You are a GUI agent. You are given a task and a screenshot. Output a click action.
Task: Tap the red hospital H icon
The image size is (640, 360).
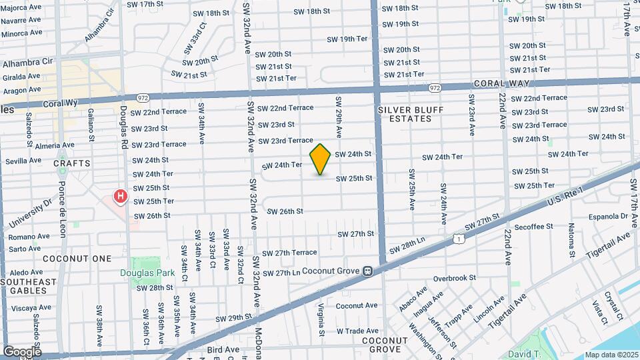[121, 196]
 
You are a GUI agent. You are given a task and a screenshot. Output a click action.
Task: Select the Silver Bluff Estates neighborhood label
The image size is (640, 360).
[405, 114]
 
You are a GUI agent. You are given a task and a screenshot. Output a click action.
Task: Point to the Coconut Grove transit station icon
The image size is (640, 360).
[367, 271]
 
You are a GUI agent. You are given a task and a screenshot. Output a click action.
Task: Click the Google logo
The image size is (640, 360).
[21, 351]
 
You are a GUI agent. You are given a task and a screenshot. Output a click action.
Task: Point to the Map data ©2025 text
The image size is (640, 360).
[611, 355]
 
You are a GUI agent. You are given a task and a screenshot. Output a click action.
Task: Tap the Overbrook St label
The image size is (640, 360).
[454, 278]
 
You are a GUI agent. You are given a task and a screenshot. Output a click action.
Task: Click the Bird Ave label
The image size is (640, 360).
[223, 349]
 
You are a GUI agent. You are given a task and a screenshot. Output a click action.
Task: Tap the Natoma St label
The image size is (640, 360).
[572, 240]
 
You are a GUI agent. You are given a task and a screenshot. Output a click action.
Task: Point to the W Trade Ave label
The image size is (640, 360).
[357, 331]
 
